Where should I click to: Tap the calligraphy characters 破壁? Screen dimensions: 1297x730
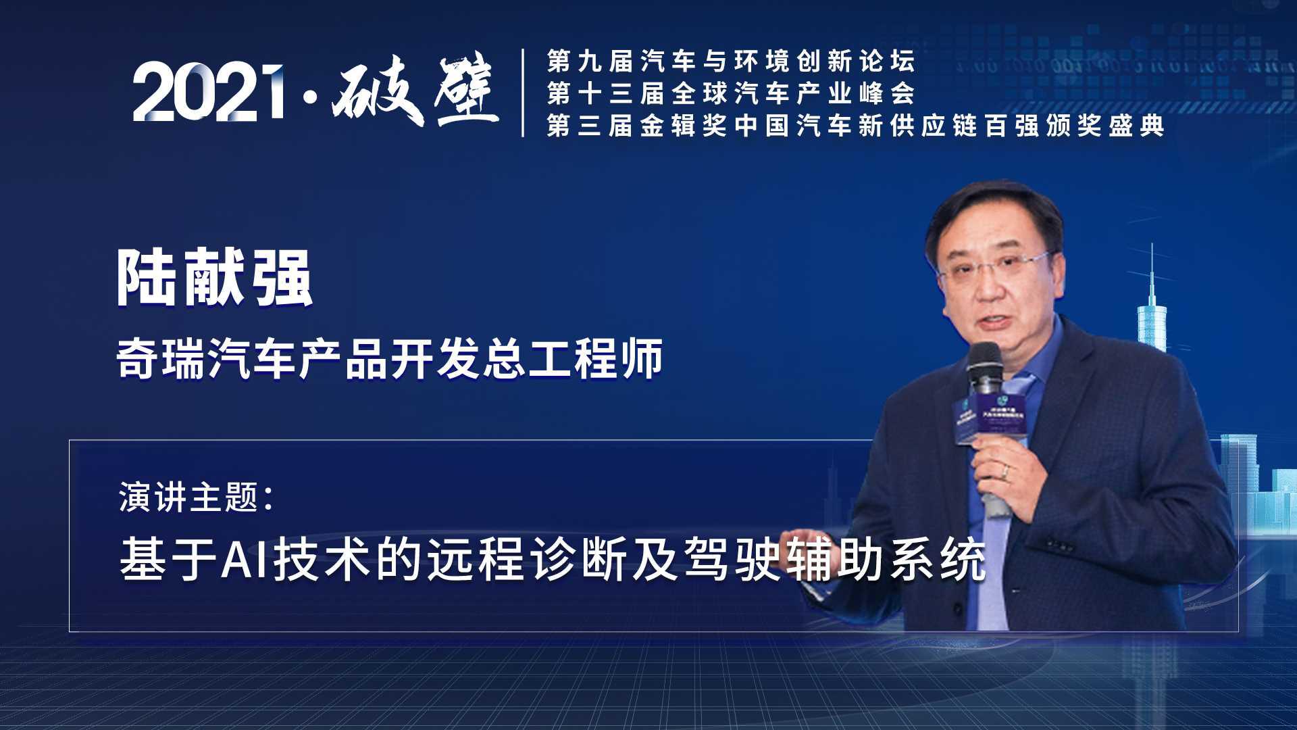415,92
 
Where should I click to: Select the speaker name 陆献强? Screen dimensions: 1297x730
215,278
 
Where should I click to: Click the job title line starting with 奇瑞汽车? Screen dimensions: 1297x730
390,359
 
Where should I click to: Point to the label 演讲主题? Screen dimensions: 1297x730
196,498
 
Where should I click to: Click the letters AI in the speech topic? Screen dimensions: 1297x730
246,560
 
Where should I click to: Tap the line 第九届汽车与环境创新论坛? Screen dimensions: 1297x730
731,62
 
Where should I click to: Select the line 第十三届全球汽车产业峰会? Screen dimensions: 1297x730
731,93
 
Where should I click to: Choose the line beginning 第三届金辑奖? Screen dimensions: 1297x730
855,126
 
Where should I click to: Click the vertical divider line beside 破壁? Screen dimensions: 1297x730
524,93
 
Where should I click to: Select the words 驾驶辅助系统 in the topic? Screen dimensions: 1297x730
835,560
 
